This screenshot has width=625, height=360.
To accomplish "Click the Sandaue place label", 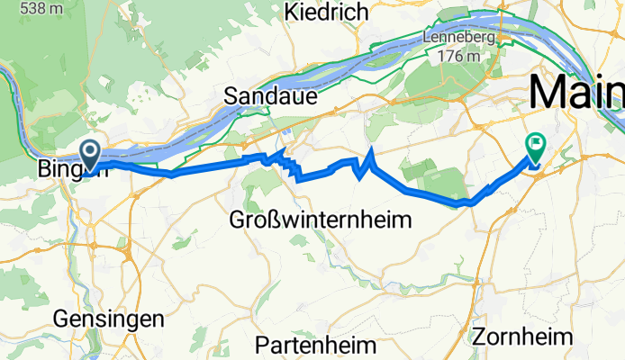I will point(270,97).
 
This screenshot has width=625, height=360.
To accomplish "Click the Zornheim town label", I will point(522,337).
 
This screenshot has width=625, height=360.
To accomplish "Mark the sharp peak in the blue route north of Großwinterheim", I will point(371,148).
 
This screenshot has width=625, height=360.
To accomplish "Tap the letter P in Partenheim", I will point(263,345).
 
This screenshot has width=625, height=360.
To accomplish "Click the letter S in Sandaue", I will point(231,97).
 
